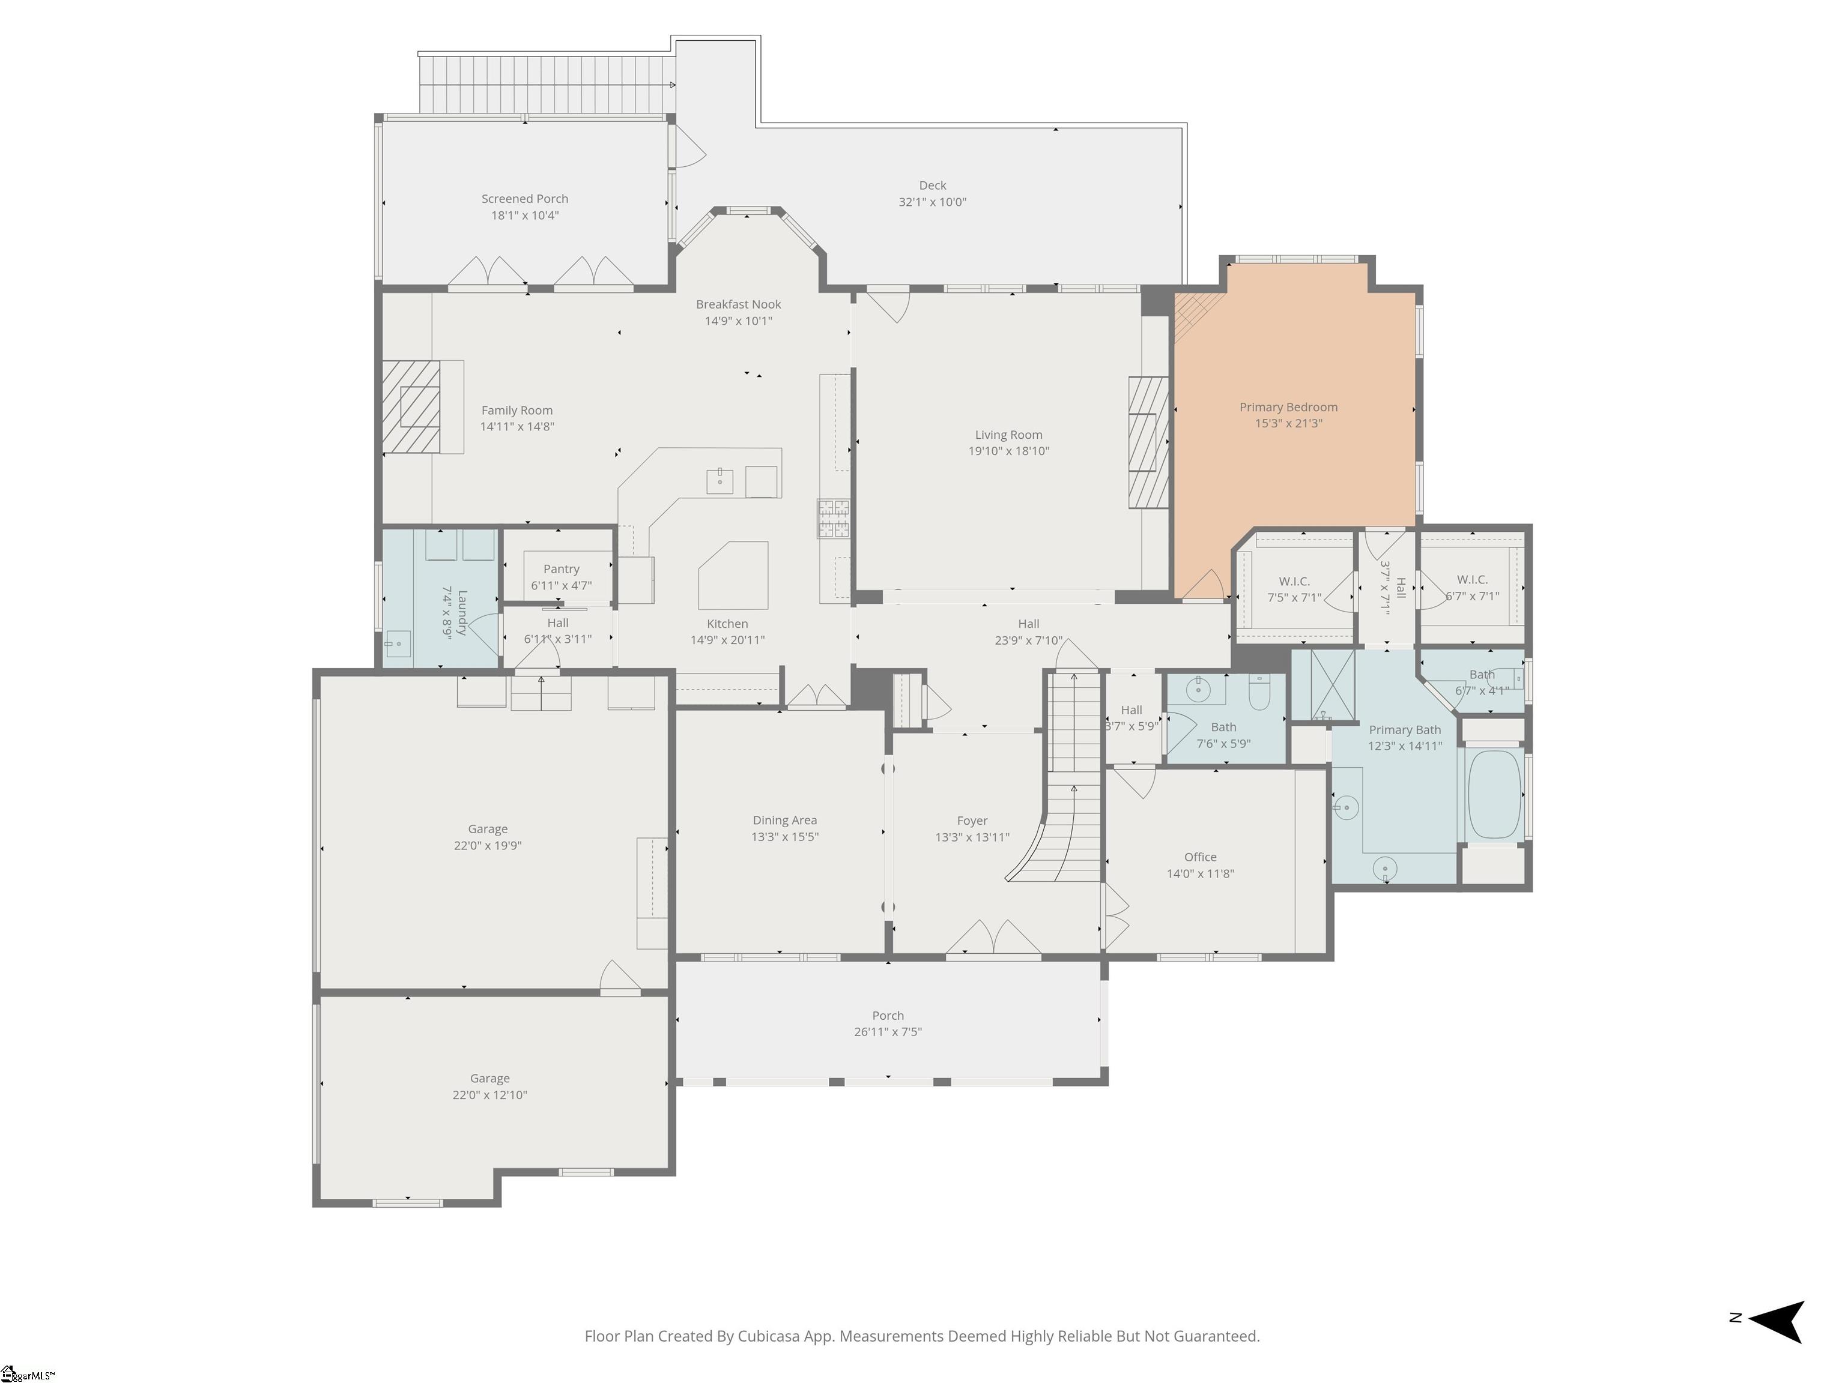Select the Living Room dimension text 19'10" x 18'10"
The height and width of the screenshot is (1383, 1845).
coord(1008,451)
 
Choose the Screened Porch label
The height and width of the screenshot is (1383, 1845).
coord(525,199)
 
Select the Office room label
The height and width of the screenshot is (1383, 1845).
coord(1200,857)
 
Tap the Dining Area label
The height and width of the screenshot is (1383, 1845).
coord(785,821)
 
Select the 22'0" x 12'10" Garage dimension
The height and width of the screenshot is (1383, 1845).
coord(489,1094)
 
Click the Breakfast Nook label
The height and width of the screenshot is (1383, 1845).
coord(738,304)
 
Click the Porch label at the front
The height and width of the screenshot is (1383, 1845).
coord(888,1016)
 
